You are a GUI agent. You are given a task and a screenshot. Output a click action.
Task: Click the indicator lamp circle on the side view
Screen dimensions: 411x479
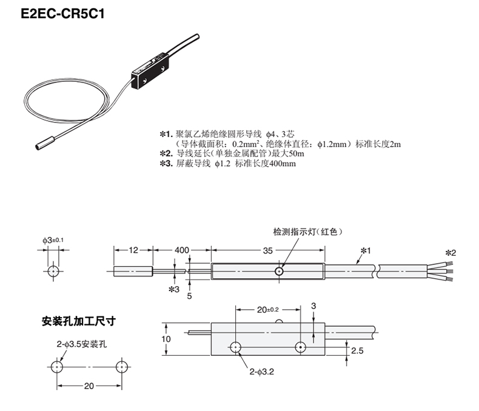coord(279,271)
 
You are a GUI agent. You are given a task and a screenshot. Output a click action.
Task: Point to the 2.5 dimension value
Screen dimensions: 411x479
coord(357,351)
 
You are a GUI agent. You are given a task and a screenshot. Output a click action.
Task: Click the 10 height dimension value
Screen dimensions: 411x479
coord(167,339)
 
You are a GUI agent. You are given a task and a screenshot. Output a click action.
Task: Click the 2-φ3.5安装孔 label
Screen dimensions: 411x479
coord(82,344)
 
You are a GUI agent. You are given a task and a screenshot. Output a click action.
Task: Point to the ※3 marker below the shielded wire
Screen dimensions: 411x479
coord(174,290)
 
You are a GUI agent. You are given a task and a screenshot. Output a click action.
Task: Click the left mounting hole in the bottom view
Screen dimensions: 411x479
coord(235,347)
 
